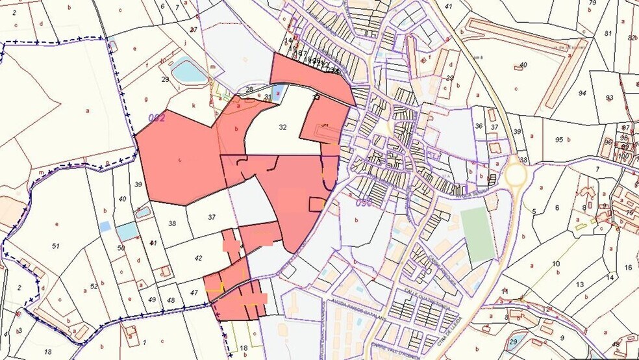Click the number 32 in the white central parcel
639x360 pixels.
pos(282,127)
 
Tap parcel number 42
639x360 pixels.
pos(199,258)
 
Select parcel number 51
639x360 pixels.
pos(56,246)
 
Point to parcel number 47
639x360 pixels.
pos(194,294)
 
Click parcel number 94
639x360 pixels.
pos(583,93)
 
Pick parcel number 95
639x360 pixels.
pos(559,140)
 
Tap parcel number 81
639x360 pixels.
pos(608,33)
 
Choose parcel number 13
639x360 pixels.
pos(579,285)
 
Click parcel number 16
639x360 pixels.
pos(628,268)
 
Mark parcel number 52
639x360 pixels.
pos(94,287)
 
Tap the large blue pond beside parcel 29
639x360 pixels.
pos(189,70)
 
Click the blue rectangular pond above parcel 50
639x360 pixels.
pos(127,231)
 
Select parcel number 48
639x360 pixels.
pos(171,301)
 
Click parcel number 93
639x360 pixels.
pos(609,98)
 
